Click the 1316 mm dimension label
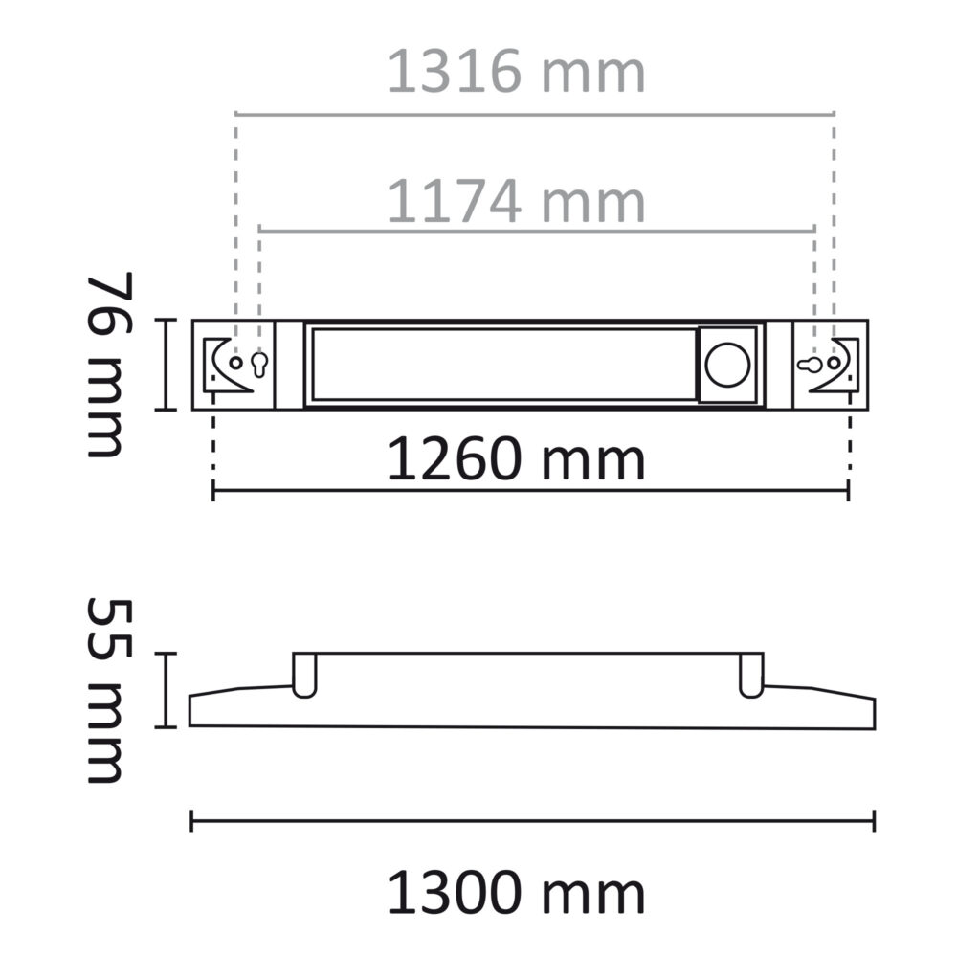[517, 74]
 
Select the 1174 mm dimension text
[517, 202]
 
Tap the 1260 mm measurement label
[517, 460]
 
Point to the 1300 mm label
[517, 895]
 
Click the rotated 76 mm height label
[106, 365]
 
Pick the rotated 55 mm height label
[106, 690]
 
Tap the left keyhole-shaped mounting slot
[258, 364]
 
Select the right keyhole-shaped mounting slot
[809, 365]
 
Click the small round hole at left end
[235, 364]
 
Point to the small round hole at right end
[835, 364]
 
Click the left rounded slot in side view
[304, 676]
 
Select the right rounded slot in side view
[751, 676]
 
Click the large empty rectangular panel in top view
[502, 365]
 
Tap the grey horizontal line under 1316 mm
[536, 113]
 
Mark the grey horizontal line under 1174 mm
[536, 231]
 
